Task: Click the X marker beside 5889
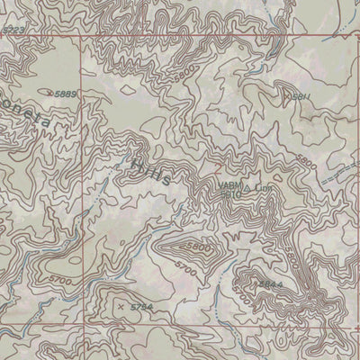click(x=50, y=92)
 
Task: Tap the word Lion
click(x=262, y=186)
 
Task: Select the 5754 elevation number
click(x=142, y=308)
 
